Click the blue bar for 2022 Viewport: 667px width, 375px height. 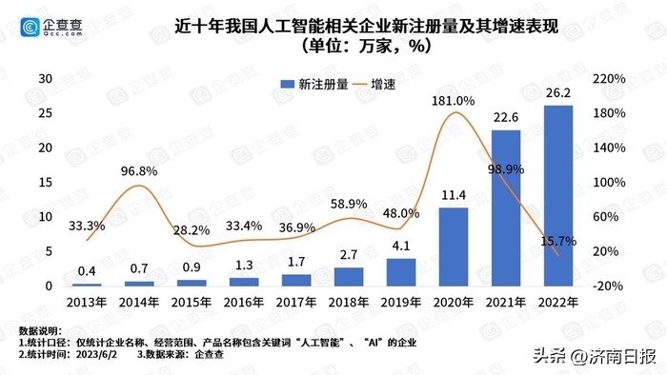557,195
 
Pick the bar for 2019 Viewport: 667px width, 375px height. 401,271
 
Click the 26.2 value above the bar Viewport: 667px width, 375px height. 557,93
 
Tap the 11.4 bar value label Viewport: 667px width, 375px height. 454,195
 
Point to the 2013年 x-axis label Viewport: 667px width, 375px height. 87,302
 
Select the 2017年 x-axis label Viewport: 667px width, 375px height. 296,302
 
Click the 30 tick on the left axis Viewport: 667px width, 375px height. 44,78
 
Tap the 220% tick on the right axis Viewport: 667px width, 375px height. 610,78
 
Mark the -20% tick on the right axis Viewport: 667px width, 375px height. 610,286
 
